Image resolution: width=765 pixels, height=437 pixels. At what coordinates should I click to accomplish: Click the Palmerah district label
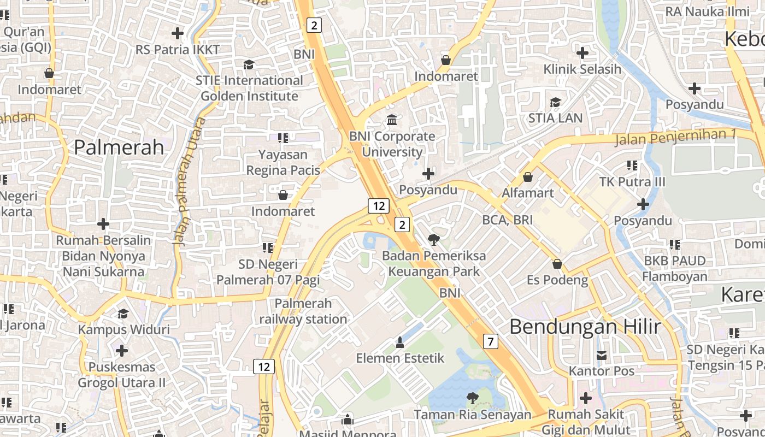point(119,147)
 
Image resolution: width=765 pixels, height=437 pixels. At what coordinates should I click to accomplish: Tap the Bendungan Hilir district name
point(585,327)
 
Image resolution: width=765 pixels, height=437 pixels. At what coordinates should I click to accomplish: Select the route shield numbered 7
point(491,342)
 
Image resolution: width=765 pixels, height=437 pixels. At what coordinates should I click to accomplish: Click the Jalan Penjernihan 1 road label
point(676,137)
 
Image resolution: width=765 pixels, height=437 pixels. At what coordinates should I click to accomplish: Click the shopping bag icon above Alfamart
point(528,177)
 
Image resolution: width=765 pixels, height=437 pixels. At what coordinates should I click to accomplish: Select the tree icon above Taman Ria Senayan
point(472,398)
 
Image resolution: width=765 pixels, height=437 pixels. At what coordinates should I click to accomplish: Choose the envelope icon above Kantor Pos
point(602,356)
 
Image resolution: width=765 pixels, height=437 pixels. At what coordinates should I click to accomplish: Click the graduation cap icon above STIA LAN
point(555,102)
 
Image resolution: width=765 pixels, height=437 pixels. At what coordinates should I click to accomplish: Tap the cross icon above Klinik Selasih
point(582,53)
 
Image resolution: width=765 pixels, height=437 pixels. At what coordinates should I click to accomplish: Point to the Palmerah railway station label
point(303,311)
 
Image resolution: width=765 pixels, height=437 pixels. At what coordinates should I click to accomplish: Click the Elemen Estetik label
point(400,358)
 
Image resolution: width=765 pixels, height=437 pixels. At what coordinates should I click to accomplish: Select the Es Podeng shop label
point(557,280)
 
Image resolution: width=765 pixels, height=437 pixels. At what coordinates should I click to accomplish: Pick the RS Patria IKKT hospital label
point(178,50)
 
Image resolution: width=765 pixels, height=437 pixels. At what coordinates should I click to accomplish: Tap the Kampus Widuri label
point(123,329)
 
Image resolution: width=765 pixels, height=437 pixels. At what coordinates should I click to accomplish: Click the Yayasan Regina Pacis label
point(283,162)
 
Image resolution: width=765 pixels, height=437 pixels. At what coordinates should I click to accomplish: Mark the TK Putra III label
point(632,181)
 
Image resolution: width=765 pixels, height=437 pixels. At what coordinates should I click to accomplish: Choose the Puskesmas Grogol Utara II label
point(121,375)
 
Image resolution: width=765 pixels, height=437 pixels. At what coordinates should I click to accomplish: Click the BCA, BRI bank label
point(507,220)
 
